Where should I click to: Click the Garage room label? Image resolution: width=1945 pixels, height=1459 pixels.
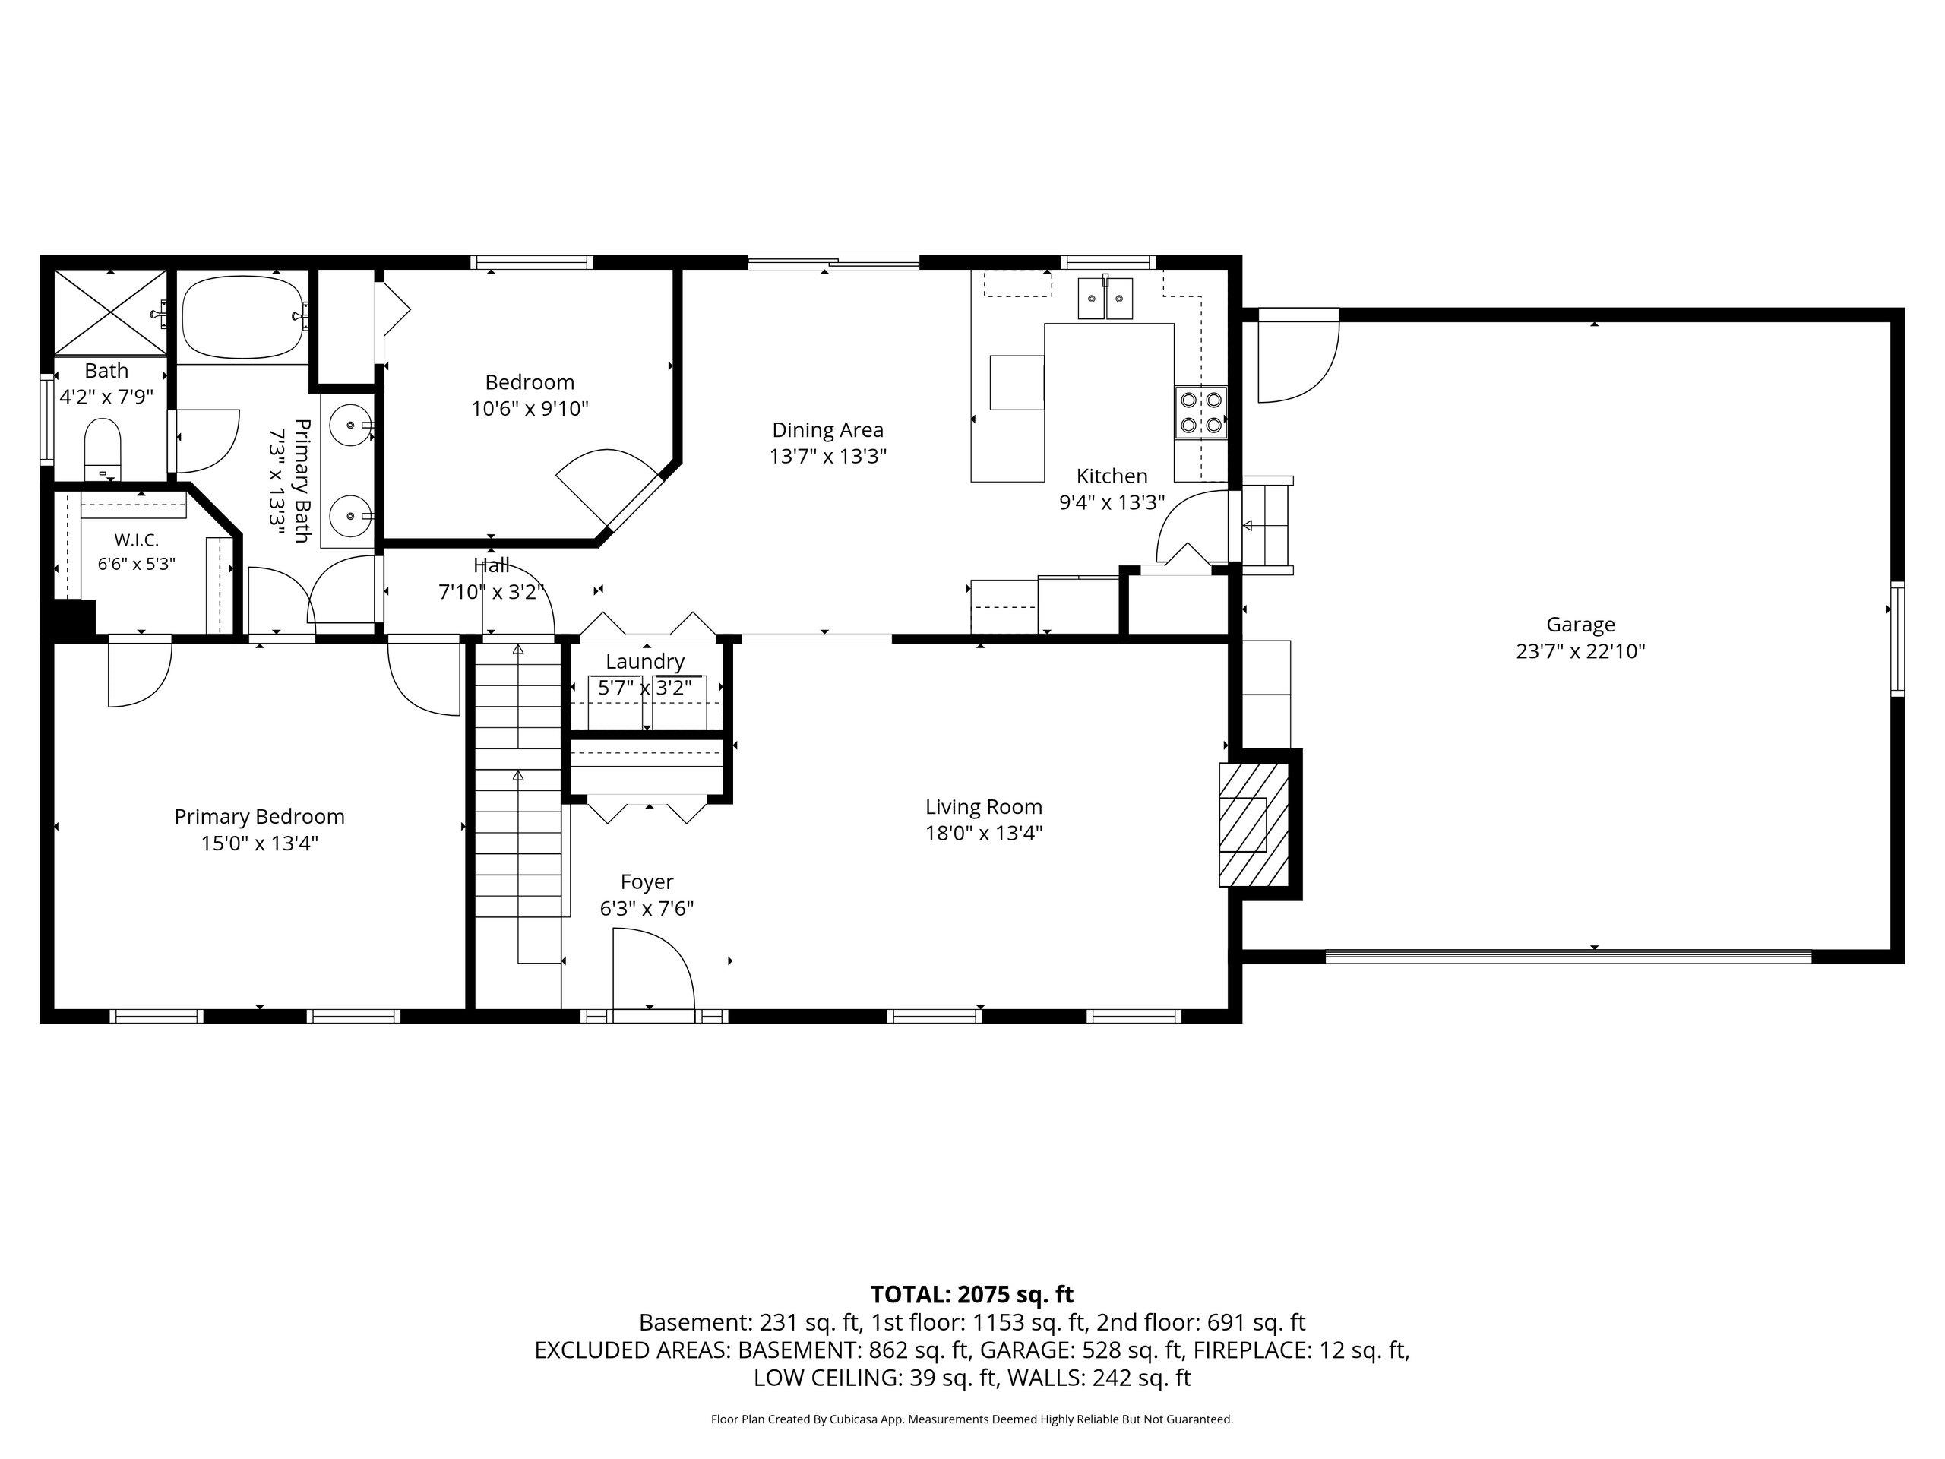1580,625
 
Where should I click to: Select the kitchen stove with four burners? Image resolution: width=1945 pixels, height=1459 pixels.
1201,413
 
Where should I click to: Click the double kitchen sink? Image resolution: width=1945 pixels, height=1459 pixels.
1106,297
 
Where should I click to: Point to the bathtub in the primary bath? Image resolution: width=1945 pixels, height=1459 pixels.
242,317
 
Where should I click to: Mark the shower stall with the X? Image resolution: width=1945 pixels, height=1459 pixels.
110,312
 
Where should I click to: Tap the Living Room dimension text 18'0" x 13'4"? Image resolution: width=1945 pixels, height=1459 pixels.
983,833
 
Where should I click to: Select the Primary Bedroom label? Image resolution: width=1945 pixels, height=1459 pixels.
259,816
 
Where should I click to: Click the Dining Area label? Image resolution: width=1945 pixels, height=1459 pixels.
827,430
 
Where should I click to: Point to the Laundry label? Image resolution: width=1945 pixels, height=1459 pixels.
644,661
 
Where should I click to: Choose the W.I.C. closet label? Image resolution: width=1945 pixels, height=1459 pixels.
136,540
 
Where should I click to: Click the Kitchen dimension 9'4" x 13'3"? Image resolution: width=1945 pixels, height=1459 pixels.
1112,502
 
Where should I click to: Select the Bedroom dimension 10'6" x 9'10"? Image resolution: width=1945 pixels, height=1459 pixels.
530,409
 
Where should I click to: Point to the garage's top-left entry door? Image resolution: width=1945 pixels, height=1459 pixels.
1298,356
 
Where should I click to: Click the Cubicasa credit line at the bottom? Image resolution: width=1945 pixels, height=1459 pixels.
972,1419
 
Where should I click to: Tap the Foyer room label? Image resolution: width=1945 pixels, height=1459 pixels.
647,882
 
